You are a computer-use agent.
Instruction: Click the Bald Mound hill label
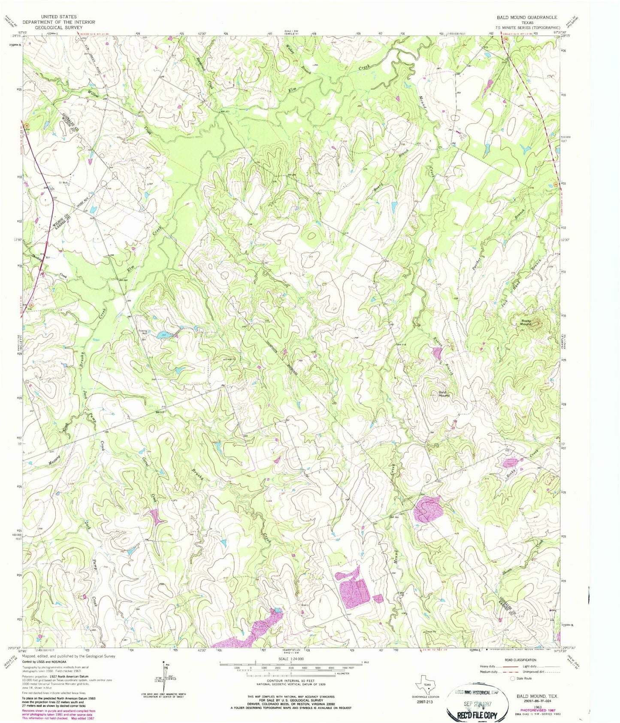(444, 393)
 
